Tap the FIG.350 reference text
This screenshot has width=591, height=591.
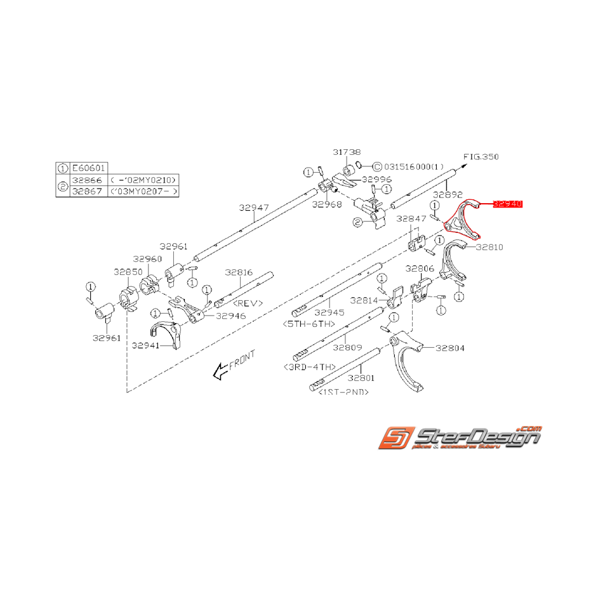(x=481, y=156)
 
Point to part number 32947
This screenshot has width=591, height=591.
(x=255, y=207)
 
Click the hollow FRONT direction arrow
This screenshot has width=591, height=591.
(x=220, y=371)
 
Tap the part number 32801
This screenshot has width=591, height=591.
(x=361, y=378)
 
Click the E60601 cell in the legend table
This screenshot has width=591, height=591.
(x=88, y=169)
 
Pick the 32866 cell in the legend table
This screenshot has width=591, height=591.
(x=88, y=180)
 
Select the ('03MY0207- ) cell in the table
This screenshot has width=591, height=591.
(x=143, y=190)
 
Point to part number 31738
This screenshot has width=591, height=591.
(x=347, y=152)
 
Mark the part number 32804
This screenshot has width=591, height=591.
(x=449, y=348)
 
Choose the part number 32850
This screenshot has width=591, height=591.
(x=128, y=271)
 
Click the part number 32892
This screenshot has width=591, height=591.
(x=447, y=194)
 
